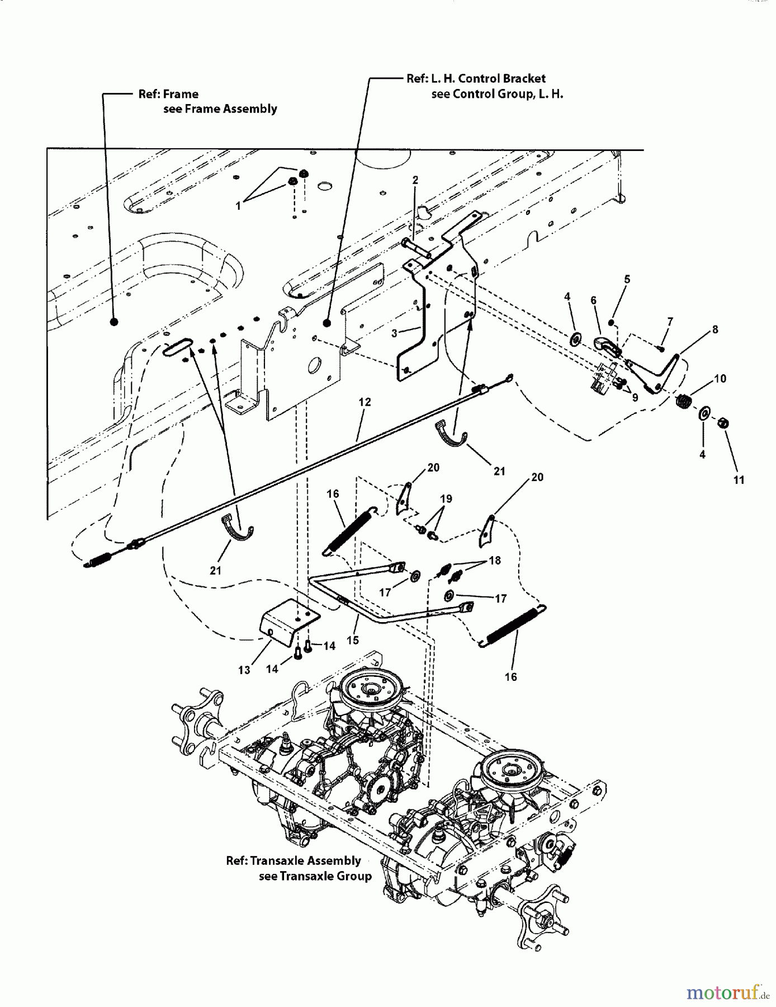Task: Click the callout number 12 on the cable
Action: coord(365,402)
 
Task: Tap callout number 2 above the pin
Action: coord(415,180)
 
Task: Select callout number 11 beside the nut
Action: coord(739,480)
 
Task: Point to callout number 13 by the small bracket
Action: coord(244,670)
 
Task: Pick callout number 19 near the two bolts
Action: coord(446,498)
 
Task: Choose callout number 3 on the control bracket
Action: coord(394,333)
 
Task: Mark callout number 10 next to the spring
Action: coord(720,379)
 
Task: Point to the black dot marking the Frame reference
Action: coord(113,322)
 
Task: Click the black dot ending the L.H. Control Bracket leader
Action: coord(327,322)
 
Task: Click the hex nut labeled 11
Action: coord(722,423)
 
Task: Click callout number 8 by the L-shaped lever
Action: coord(715,330)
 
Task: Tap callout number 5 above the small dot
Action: coord(627,279)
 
